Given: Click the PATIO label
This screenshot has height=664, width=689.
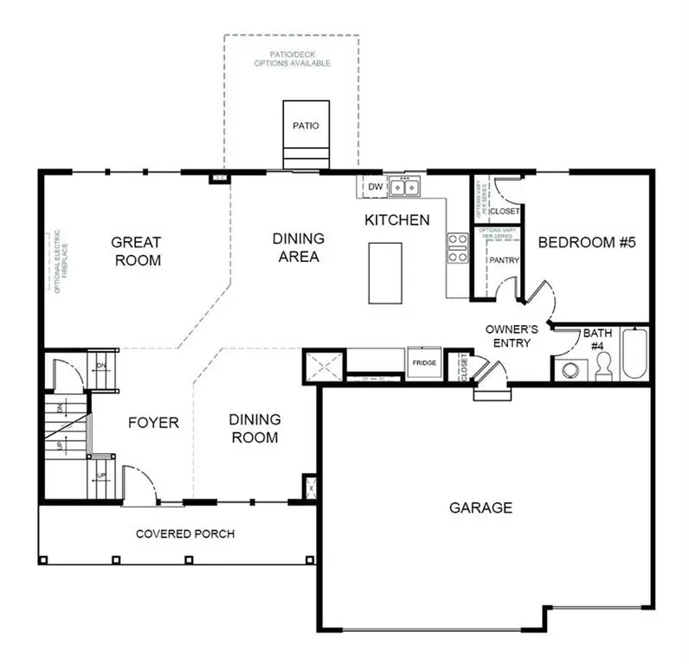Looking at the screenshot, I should pyautogui.click(x=306, y=126).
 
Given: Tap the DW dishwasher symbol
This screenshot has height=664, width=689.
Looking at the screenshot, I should pyautogui.click(x=375, y=186).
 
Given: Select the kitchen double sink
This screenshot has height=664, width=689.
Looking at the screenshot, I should pyautogui.click(x=403, y=186).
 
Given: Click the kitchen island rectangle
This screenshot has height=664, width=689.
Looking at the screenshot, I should pyautogui.click(x=385, y=272).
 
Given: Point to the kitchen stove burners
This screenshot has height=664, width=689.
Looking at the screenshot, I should pyautogui.click(x=456, y=248).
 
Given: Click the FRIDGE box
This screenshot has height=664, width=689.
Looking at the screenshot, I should pyautogui.click(x=424, y=363).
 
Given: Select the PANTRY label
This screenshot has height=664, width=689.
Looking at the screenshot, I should pyautogui.click(x=503, y=259).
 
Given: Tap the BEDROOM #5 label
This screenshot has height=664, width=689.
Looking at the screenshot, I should pyautogui.click(x=587, y=242).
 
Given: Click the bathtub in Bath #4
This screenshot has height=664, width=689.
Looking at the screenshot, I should pyautogui.click(x=634, y=354).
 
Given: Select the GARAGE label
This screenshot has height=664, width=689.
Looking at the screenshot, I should pyautogui.click(x=480, y=508).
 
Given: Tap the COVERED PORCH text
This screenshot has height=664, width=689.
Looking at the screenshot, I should pyautogui.click(x=184, y=533).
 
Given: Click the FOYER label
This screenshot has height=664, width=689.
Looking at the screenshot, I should pyautogui.click(x=153, y=423).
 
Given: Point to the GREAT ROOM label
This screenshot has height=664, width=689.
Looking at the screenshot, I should pyautogui.click(x=138, y=251).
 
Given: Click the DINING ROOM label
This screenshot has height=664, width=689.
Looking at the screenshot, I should pyautogui.click(x=254, y=428).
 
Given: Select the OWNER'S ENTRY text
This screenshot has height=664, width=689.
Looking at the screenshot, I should pyautogui.click(x=512, y=336).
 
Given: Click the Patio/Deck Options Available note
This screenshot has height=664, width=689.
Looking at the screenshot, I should pyautogui.click(x=292, y=59).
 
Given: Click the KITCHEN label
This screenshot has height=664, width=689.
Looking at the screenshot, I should pyautogui.click(x=396, y=220).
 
